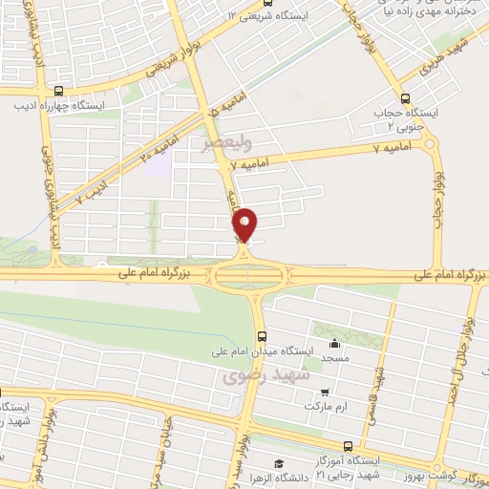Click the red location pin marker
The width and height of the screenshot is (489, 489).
point(245,224)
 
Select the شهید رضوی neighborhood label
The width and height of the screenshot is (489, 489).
point(261,377)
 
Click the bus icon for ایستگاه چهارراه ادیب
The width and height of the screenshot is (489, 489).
point(59,91)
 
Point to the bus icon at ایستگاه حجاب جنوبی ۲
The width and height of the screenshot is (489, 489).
point(405,98)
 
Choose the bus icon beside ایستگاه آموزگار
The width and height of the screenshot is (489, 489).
point(348,445)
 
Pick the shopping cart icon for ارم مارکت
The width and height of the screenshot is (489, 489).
point(327,392)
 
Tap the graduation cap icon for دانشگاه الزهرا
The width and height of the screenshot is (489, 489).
point(277,463)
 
